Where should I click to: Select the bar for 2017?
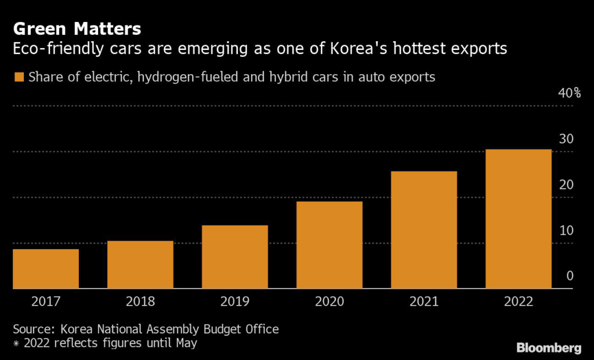[x=46, y=268]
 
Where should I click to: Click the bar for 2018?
[x=140, y=264]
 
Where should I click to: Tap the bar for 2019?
[x=235, y=257]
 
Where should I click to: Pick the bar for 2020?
[x=329, y=245]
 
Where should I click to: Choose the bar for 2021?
[x=424, y=230]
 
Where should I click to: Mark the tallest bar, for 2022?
[x=519, y=219]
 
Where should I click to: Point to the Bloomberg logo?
[x=549, y=348]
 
